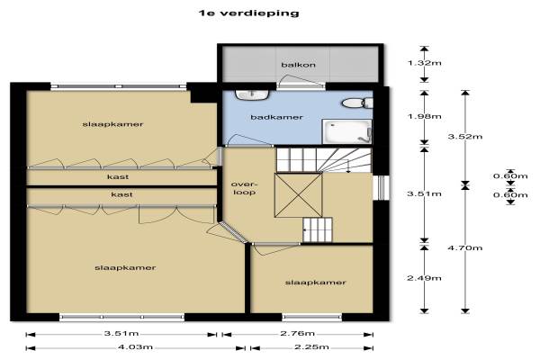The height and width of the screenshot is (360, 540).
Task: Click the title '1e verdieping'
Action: tap(248, 13)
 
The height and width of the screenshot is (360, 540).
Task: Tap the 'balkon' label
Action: tap(298, 65)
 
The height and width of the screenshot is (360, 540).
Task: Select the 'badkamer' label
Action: tap(276, 117)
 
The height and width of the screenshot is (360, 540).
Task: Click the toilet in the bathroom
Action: tap(357, 103)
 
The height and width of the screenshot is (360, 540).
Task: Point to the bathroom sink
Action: tap(252, 94)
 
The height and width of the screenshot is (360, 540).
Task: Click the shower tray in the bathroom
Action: tap(346, 131)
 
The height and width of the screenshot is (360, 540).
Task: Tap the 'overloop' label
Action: tap(244, 188)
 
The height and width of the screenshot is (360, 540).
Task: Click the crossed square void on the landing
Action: tap(298, 195)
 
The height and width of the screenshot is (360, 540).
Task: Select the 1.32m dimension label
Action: tap(424, 63)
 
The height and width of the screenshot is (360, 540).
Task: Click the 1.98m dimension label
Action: tap(424, 116)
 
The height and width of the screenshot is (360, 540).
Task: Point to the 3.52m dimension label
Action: tap(465, 136)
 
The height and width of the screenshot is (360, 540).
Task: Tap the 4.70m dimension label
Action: tap(465, 247)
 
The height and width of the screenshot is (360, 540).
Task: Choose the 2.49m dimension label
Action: tap(424, 278)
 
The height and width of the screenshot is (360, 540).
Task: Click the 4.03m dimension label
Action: tap(135, 346)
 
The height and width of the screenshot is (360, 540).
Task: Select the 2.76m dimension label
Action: tap(298, 333)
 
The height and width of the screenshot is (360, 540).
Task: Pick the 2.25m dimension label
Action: tap(311, 346)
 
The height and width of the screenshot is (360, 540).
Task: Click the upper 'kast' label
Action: tap(118, 176)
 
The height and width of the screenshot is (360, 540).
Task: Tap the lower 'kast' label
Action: tap(121, 194)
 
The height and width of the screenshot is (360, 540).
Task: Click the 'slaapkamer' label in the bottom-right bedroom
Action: tap(315, 283)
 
